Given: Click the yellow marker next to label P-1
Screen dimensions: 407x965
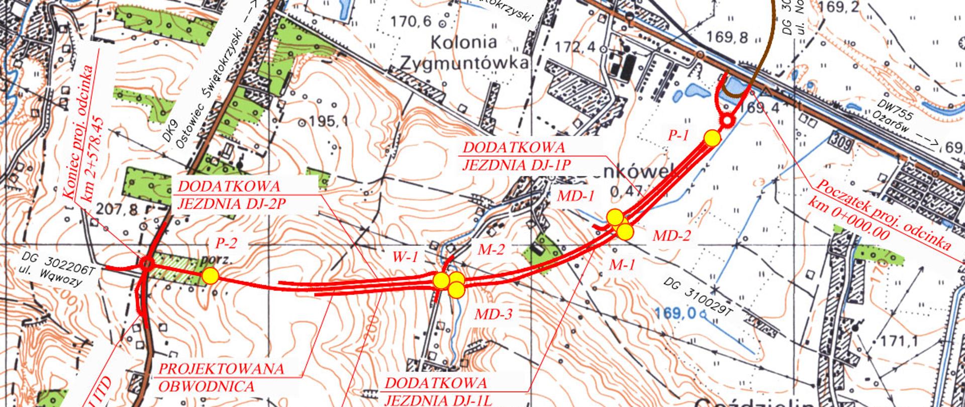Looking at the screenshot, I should coord(712,138).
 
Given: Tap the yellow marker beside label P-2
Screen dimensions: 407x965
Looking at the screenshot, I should coord(211,276).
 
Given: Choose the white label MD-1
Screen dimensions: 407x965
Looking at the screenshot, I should coord(576,196).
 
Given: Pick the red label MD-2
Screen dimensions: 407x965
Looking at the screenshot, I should coord(671,235).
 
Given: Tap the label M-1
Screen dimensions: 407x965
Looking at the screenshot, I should coord(623,265).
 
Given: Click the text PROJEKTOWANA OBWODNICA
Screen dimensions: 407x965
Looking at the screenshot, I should coord(221,377).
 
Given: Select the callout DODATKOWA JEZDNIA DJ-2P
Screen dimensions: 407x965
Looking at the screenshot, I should coord(229,194).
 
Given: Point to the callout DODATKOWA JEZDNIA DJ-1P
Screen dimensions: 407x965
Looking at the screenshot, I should coord(514,156).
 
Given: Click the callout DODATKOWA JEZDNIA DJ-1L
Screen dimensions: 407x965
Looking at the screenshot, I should coord(436,391).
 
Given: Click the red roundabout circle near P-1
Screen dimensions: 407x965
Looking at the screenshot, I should coord(727,121).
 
